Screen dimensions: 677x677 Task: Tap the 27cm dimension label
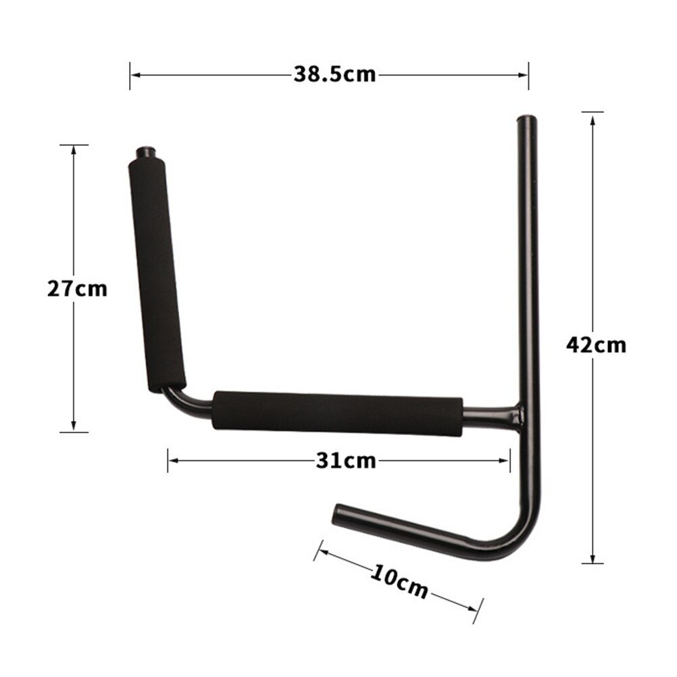(77, 289)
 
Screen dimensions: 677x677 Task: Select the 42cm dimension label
(596, 345)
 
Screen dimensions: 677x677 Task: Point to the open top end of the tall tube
(526, 120)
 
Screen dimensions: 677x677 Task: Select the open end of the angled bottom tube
(337, 515)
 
